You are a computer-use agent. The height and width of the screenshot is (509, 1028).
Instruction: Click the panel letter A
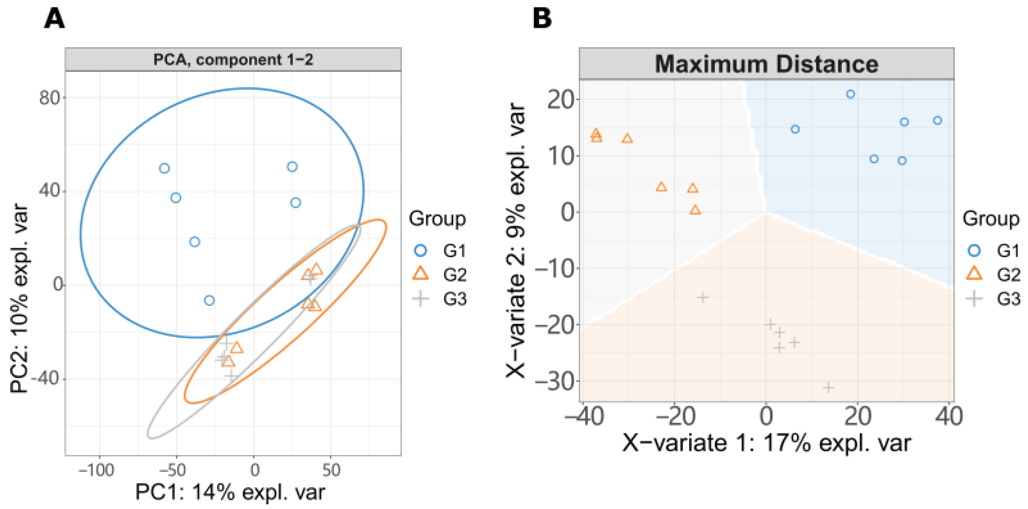(54, 19)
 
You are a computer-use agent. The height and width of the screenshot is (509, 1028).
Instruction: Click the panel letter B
(542, 19)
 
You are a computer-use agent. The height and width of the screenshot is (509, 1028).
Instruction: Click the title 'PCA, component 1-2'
(233, 60)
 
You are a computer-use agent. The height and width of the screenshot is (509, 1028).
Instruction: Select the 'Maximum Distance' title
(766, 64)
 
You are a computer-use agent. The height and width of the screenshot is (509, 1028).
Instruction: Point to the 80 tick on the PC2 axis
(50, 98)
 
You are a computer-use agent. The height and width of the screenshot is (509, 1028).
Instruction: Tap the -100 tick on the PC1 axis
(96, 470)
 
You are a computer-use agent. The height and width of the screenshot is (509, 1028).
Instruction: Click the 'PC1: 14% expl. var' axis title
(230, 492)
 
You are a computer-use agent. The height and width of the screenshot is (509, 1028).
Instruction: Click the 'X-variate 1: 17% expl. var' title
(766, 443)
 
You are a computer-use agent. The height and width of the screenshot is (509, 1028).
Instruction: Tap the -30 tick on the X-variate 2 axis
(555, 382)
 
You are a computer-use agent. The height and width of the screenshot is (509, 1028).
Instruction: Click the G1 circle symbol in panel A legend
(421, 251)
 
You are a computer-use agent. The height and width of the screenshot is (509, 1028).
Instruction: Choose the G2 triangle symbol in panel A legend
(421, 274)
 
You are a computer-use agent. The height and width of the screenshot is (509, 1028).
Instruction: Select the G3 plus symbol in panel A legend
(421, 299)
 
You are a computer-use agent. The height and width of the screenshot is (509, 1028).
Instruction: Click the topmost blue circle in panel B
(851, 94)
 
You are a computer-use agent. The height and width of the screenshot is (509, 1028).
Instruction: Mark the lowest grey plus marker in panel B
(828, 388)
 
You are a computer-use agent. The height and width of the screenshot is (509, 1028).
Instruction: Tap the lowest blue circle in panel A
(209, 300)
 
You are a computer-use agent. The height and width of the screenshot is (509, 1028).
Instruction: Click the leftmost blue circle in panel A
(164, 168)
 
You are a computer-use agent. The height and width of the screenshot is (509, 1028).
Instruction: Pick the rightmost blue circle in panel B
(937, 121)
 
